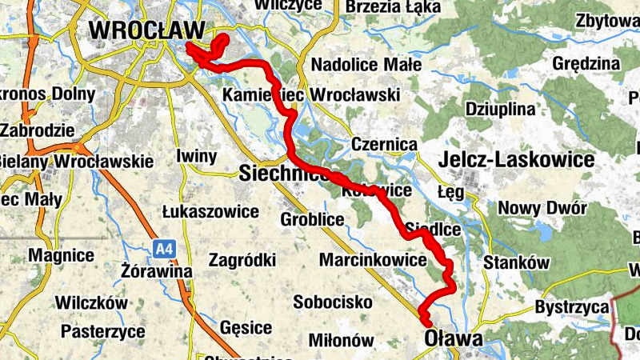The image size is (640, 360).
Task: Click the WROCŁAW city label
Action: coord(147,30)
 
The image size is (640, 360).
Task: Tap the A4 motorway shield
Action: coord(164,250)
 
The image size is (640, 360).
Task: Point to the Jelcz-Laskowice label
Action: coord(516,159)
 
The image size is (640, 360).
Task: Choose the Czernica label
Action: coord(385,145)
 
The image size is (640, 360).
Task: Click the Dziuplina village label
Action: coord(499,108)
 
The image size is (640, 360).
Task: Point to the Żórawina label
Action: coord(158,271)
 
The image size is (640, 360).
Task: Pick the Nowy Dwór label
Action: coord(542,209)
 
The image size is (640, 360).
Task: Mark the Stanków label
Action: coord(518,262)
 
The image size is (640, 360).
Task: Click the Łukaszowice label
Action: coord(210,212)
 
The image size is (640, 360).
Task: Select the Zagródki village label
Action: coord(242,260)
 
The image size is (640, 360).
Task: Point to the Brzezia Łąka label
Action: coord(392,8)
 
